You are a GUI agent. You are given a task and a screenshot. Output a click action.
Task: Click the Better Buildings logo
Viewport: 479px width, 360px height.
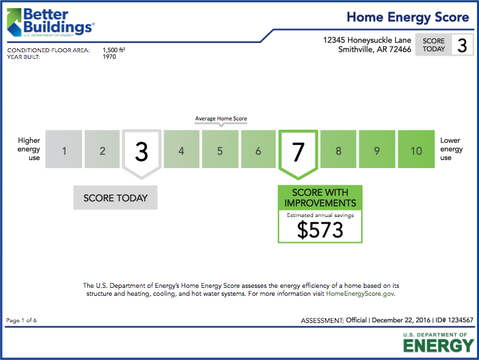click(x=50, y=22)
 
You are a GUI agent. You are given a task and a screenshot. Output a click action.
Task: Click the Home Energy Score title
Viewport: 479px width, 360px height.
click(x=408, y=17)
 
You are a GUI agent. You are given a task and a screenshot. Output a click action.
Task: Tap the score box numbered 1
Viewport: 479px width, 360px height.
click(x=64, y=151)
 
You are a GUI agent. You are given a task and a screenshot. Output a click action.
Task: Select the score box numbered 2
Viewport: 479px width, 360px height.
click(x=103, y=151)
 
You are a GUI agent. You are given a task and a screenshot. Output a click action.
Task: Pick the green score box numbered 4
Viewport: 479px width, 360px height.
click(x=181, y=151)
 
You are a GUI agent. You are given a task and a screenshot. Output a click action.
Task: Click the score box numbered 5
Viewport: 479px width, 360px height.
click(x=220, y=151)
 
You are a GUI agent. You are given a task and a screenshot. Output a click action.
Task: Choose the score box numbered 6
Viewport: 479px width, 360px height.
click(x=259, y=151)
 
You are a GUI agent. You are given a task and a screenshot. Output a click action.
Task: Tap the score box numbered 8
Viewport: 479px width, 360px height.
click(x=338, y=151)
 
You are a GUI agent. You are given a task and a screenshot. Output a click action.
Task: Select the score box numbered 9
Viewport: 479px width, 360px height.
click(x=376, y=151)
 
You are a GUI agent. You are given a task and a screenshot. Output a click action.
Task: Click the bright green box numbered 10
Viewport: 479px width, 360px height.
click(x=415, y=151)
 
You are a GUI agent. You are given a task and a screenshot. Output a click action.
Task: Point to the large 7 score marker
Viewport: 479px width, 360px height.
click(x=298, y=153)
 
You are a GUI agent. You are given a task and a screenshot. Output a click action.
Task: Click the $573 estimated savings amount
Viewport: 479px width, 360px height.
click(x=320, y=230)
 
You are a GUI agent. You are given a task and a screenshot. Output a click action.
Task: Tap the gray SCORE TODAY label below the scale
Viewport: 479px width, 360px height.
click(x=116, y=198)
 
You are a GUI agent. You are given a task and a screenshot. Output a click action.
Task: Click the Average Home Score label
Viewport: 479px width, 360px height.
click(x=221, y=119)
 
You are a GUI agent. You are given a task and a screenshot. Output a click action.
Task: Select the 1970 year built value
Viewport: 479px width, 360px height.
click(x=109, y=57)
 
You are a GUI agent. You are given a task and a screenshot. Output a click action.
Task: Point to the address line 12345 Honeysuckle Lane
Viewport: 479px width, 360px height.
click(x=367, y=40)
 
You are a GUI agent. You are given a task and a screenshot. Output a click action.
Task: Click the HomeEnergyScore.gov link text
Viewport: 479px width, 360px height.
click(x=360, y=293)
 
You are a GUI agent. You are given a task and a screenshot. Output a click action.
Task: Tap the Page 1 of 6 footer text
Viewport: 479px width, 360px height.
click(x=21, y=320)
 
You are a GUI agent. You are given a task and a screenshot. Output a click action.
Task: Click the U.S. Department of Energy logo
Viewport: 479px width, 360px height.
click(x=438, y=343)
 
